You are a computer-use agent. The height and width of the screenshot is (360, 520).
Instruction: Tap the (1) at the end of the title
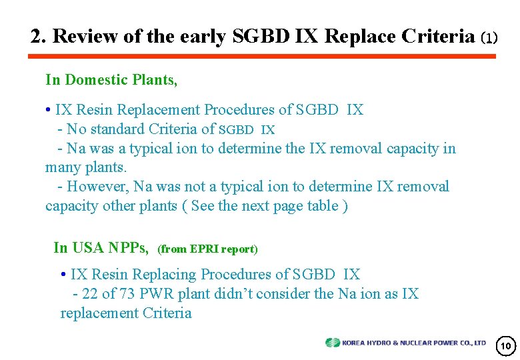coord(489,38)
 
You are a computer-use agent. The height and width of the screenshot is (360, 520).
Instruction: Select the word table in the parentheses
coord(321,206)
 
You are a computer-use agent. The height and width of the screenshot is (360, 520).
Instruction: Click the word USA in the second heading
coord(88,248)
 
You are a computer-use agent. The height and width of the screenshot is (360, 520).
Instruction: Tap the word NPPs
coord(129,248)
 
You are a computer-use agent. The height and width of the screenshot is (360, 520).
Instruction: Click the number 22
coord(89,293)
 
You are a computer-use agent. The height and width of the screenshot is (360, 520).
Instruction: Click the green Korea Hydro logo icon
coord(332,343)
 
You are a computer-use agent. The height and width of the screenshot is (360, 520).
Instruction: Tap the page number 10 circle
coord(505,345)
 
